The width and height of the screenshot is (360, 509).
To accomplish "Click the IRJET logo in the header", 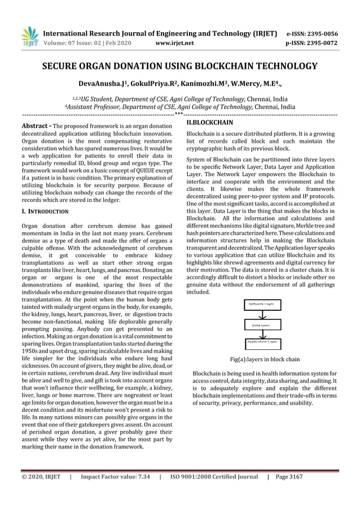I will [x=29, y=37].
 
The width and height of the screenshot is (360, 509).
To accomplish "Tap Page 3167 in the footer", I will [x=289, y=477].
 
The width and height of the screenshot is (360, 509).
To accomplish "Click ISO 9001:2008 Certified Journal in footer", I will [x=214, y=477].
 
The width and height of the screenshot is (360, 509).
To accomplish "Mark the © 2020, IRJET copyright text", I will [x=40, y=477].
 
